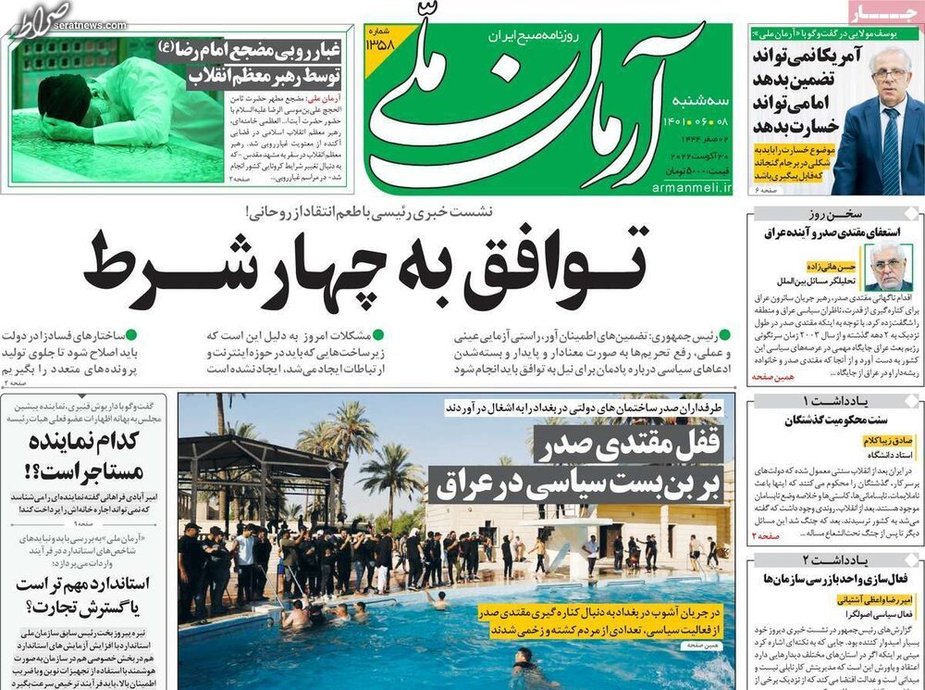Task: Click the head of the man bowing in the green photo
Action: pyautogui.click(x=55, y=96)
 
